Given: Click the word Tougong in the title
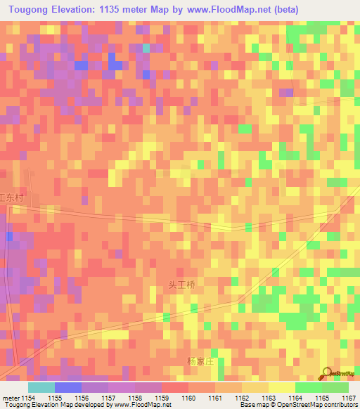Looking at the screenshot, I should click(29, 10).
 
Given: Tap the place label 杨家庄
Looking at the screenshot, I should click(199, 361).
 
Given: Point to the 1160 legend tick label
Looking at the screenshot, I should click(188, 398).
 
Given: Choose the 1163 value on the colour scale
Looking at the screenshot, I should click(269, 398).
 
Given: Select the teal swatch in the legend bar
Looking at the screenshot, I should click(41, 387).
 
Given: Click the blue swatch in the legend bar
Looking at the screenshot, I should click(68, 387).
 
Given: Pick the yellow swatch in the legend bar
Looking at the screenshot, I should click(281, 387).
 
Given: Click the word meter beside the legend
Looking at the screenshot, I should click(10, 398).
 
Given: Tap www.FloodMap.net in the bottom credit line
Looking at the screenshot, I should click(134, 405).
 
